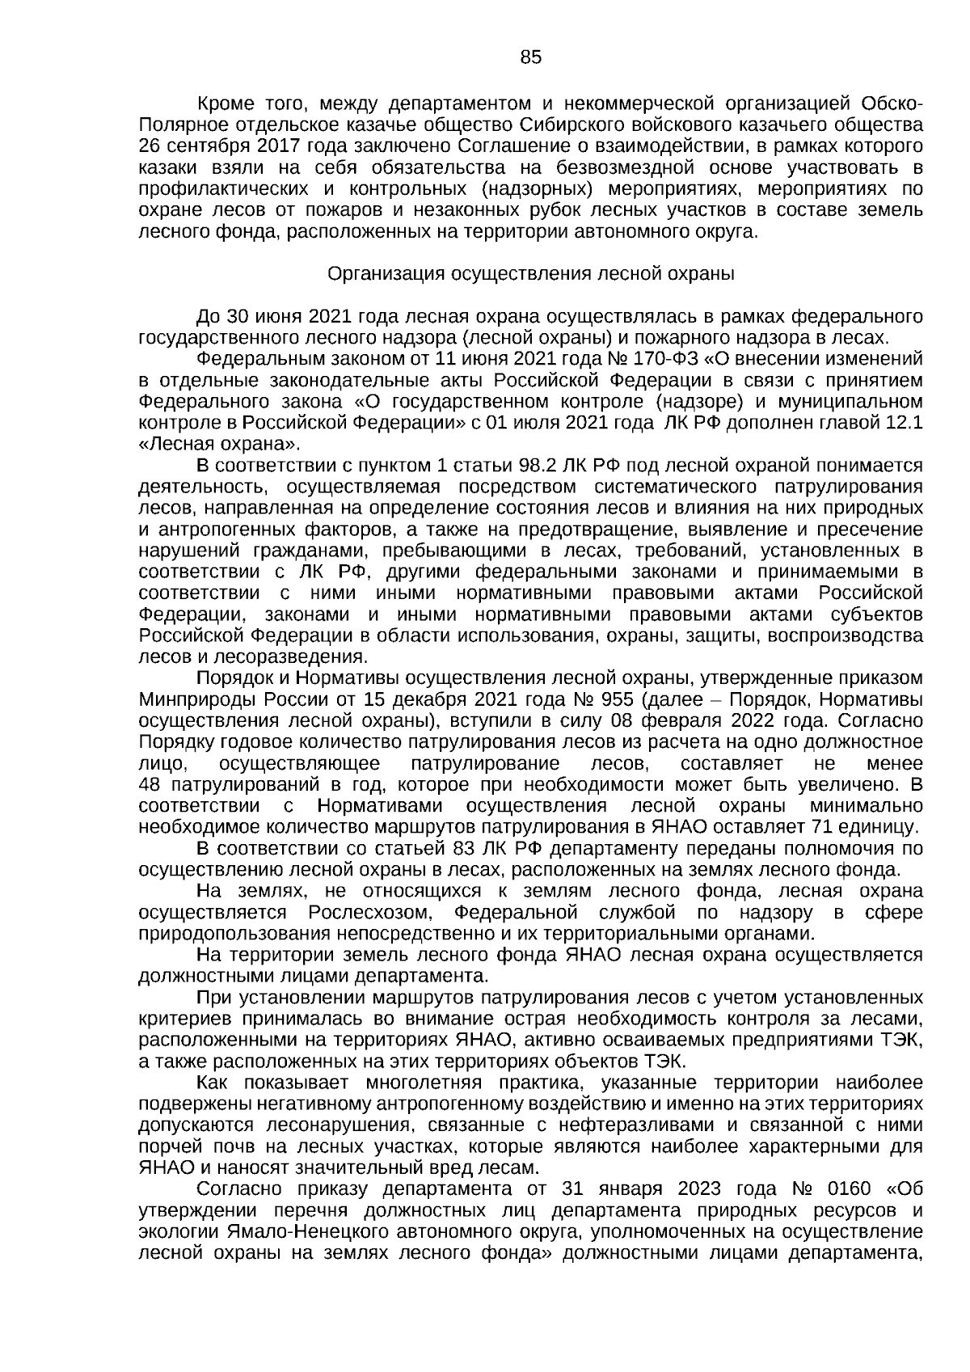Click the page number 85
(x=531, y=57)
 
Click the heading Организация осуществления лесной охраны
(x=530, y=274)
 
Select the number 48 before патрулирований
(x=150, y=784)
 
